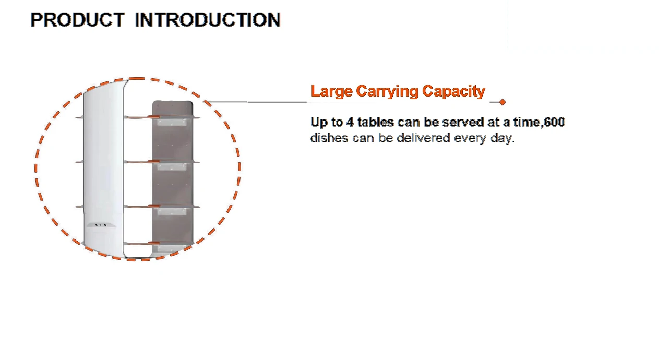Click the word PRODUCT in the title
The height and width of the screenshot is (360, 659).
pos(77,20)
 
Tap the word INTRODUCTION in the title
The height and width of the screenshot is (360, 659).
pos(208,20)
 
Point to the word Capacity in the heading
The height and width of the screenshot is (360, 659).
pos(453,92)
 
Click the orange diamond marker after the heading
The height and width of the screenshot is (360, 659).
pos(502,102)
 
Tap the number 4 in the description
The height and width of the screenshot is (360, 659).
pos(350,122)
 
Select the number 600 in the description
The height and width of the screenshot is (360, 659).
pos(554,122)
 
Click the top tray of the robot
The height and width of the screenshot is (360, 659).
pos(162,118)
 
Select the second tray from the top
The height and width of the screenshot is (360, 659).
pos(162,162)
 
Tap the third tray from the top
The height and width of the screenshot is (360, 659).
pos(162,207)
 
